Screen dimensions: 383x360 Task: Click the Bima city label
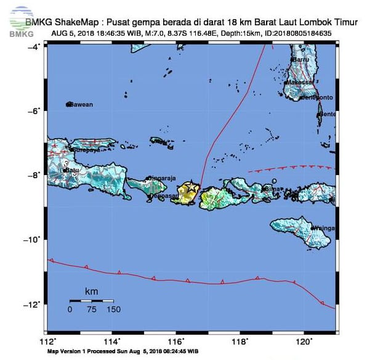point(272,189)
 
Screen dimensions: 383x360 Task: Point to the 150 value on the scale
point(113,309)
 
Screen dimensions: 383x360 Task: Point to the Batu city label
point(73,170)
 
